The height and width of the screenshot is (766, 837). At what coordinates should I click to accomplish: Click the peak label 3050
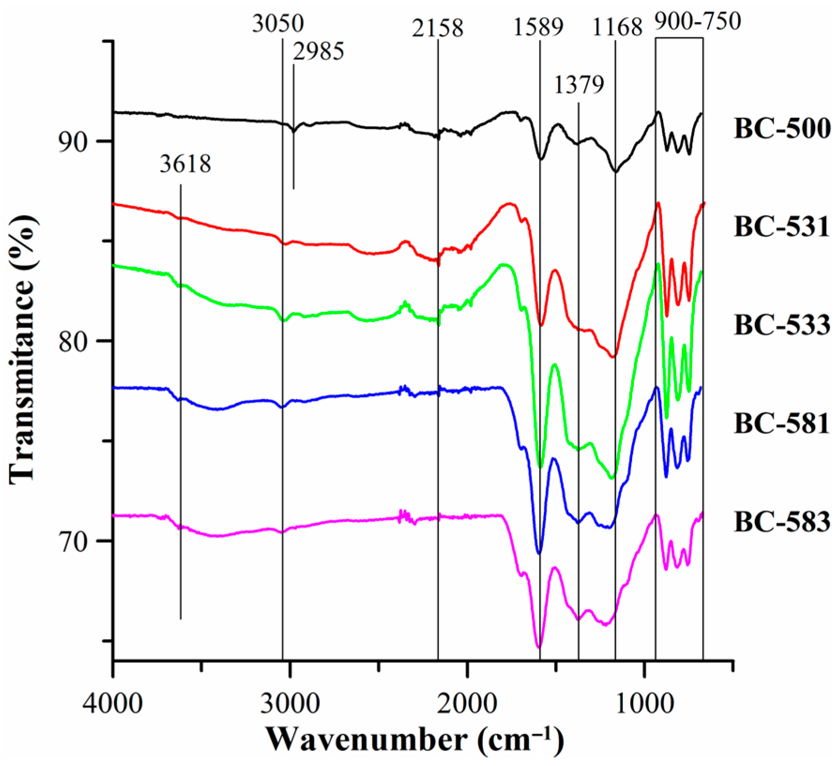click(278, 23)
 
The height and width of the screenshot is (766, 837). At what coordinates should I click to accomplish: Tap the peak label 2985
click(319, 51)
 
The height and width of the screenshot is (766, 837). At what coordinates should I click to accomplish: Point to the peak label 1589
click(538, 28)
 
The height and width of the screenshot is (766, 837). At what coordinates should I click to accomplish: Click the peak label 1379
click(579, 85)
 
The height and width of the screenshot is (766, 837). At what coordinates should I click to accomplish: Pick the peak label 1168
click(617, 28)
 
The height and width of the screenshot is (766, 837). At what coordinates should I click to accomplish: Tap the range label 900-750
click(697, 21)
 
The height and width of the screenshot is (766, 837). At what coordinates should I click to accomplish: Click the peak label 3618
click(185, 164)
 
